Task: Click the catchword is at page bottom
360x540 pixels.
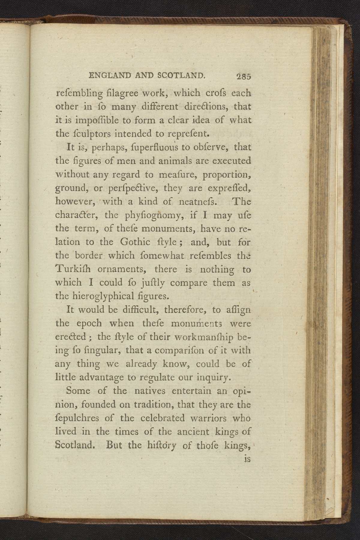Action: (x=247, y=459)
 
